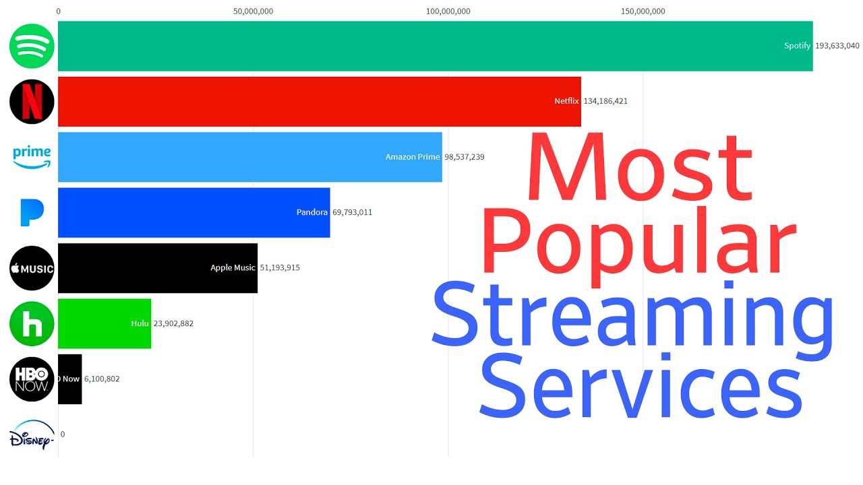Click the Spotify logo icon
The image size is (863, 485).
click(x=32, y=46)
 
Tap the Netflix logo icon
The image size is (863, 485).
click(x=32, y=102)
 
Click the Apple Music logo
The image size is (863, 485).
click(x=32, y=269)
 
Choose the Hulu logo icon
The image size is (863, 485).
click(x=32, y=324)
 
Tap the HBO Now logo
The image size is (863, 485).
click(x=32, y=379)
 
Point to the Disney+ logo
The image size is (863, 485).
click(x=32, y=435)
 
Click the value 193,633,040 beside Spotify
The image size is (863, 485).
click(x=837, y=46)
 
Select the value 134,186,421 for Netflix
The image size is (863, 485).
click(x=605, y=101)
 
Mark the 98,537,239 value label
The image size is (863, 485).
click(x=464, y=157)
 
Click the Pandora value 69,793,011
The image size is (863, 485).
click(x=352, y=212)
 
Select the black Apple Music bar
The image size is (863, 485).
click(x=135, y=268)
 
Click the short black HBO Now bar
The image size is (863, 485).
click(x=69, y=379)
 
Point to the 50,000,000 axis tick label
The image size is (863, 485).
click(x=253, y=11)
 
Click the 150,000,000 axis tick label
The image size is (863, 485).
click(x=643, y=11)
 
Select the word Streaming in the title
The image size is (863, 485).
click(x=632, y=317)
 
